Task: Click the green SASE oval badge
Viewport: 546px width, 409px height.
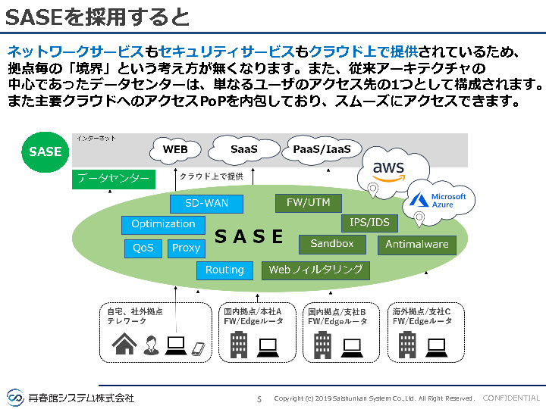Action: tap(45, 151)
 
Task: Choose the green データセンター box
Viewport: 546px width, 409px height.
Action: tap(113, 179)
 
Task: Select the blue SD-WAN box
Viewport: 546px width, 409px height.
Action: tap(206, 204)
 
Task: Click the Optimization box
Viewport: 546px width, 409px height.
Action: tap(163, 224)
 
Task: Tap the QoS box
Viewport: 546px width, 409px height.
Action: tap(143, 248)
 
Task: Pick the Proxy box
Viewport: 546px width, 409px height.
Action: tap(186, 248)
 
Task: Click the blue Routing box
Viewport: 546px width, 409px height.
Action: tap(224, 270)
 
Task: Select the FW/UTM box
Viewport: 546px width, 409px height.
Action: tap(308, 203)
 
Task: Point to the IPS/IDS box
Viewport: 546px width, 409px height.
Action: tap(370, 223)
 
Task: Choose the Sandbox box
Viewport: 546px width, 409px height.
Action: tap(332, 244)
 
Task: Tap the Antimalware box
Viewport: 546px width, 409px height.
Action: tap(417, 245)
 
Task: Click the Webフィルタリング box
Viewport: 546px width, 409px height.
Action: tap(315, 270)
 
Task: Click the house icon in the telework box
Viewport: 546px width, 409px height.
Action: tap(124, 345)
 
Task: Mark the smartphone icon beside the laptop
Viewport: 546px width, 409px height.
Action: tap(198, 349)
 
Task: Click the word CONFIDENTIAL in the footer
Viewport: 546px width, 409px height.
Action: tap(511, 398)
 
